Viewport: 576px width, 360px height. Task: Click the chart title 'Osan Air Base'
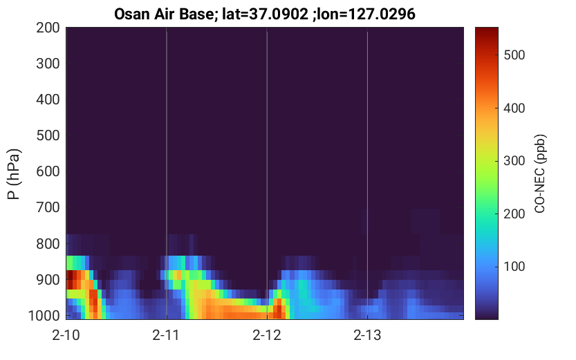[164, 15]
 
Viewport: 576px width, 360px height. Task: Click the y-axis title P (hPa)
[14, 174]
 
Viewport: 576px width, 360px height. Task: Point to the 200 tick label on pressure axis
[48, 28]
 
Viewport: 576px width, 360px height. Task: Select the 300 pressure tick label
[48, 64]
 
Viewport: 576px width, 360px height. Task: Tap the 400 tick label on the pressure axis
[48, 100]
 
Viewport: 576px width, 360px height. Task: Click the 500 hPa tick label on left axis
[48, 135]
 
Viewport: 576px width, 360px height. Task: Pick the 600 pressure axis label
[48, 171]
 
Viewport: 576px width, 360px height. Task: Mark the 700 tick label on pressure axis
[48, 207]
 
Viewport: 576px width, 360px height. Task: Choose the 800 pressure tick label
[48, 244]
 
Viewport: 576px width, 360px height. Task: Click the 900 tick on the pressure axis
[48, 280]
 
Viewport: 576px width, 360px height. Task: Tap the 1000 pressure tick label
[44, 316]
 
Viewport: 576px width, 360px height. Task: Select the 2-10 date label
[66, 335]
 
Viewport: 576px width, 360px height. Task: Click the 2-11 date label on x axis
[167, 335]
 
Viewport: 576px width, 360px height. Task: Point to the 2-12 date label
[267, 335]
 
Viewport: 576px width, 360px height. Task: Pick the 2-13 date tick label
[367, 335]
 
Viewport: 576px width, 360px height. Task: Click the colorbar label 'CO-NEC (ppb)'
[539, 173]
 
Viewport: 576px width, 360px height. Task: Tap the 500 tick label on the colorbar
[514, 55]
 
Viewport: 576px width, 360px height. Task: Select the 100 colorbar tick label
[514, 267]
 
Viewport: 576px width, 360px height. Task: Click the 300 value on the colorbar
[514, 161]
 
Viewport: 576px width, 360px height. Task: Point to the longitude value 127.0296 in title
[382, 15]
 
